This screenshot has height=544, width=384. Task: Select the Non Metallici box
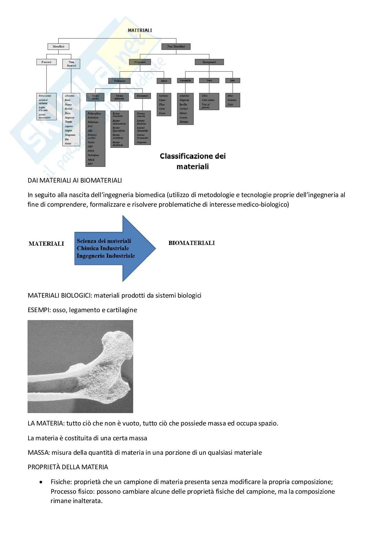[x=175, y=46]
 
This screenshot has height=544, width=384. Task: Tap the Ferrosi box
[x=46, y=62]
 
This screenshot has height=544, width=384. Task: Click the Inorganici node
[x=209, y=62]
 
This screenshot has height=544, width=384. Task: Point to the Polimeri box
[x=119, y=81]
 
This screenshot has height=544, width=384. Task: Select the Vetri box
[x=209, y=81]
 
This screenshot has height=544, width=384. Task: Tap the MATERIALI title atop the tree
[x=140, y=30]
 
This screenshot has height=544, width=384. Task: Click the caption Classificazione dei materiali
[x=193, y=161]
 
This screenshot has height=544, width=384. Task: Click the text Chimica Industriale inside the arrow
[x=103, y=248]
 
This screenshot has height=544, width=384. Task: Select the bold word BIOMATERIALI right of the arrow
[x=192, y=243]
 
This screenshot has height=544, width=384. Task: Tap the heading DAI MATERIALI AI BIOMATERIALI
[x=75, y=180]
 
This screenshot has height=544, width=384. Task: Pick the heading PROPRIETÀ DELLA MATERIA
[x=68, y=467]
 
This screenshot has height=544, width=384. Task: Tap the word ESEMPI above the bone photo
[x=37, y=310]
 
